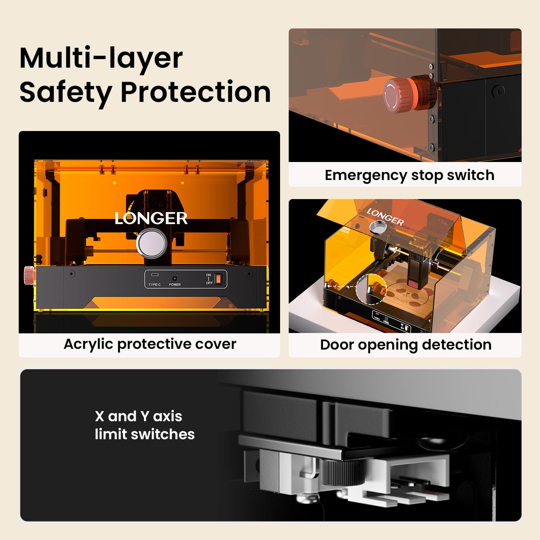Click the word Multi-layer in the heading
click(x=101, y=59)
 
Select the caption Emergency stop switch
click(x=409, y=175)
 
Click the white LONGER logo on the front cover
click(x=151, y=218)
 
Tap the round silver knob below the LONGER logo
click(x=152, y=243)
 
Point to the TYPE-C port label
click(x=155, y=285)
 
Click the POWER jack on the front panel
click(x=175, y=278)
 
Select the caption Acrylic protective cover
click(x=150, y=344)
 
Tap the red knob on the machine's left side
click(x=29, y=275)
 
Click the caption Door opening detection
click(x=406, y=345)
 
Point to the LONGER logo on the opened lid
click(x=385, y=217)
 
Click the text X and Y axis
click(x=139, y=417)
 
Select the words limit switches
click(x=145, y=435)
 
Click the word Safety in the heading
click(x=66, y=93)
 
